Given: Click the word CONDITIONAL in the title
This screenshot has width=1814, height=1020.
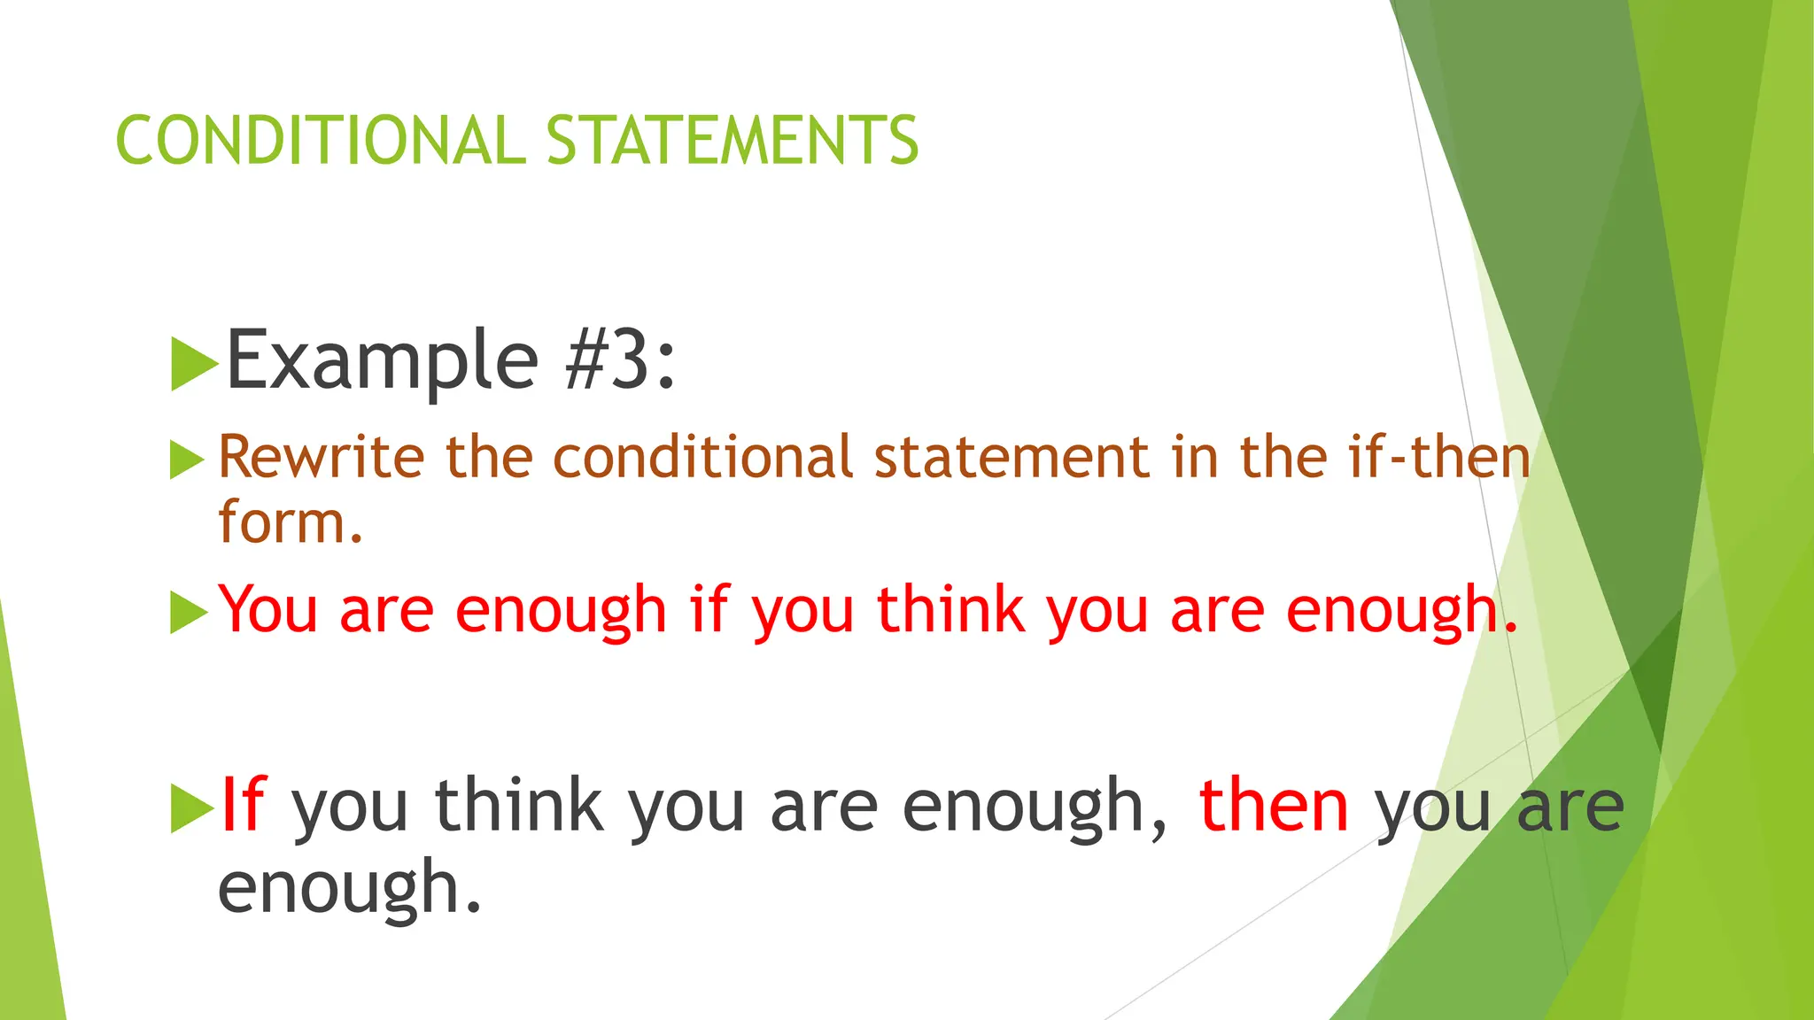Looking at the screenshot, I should pyautogui.click(x=320, y=140).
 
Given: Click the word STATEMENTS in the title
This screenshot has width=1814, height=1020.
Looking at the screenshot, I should pyautogui.click(x=733, y=140).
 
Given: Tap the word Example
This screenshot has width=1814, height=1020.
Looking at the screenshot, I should pyautogui.click(x=382, y=359).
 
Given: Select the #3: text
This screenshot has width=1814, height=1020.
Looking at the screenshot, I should pyautogui.click(x=620, y=359).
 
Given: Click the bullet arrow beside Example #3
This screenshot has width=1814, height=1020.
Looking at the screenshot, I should pyautogui.click(x=193, y=363).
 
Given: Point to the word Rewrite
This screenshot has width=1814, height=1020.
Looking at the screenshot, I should pyautogui.click(x=321, y=457).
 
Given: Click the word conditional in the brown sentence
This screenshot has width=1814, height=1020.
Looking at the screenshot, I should pyautogui.click(x=703, y=457).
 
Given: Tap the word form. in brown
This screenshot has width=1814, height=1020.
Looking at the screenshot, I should pyautogui.click(x=291, y=522).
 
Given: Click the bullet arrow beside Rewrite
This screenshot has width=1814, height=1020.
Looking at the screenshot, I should pyautogui.click(x=186, y=460).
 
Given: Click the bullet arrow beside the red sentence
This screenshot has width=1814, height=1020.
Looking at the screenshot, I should pyautogui.click(x=187, y=612).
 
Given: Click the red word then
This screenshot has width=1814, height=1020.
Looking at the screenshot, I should pyautogui.click(x=1273, y=804).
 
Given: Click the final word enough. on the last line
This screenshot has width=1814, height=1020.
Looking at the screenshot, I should pyautogui.click(x=350, y=887).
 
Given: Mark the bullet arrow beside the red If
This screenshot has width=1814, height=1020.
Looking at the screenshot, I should pyautogui.click(x=191, y=807).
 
